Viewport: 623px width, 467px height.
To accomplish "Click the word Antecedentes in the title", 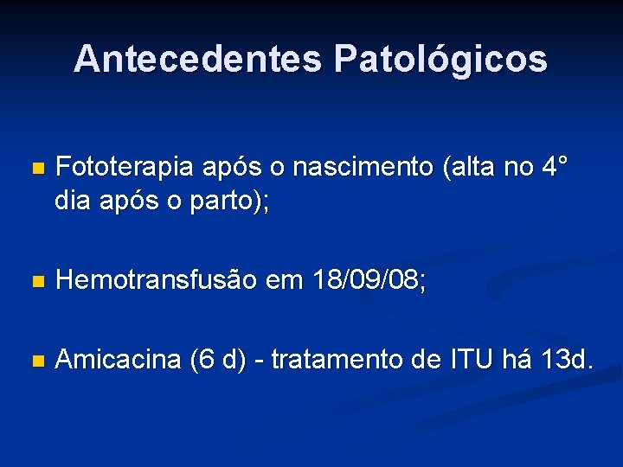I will (197, 59).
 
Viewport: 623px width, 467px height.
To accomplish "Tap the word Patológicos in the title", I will (440, 59).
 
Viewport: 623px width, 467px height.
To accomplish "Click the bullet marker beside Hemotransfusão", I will (35, 281).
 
